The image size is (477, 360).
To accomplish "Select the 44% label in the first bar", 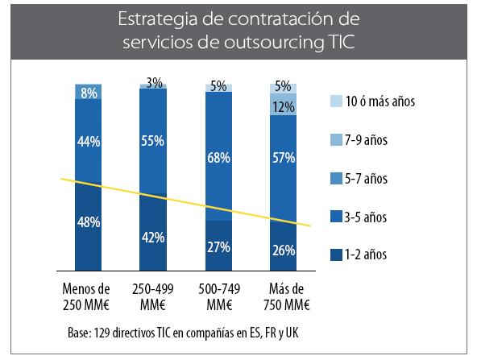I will (89, 142).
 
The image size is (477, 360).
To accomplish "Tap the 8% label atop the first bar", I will (89, 93).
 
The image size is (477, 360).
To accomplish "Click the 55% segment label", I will (154, 141).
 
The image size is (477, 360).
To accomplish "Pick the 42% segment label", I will (154, 238).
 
